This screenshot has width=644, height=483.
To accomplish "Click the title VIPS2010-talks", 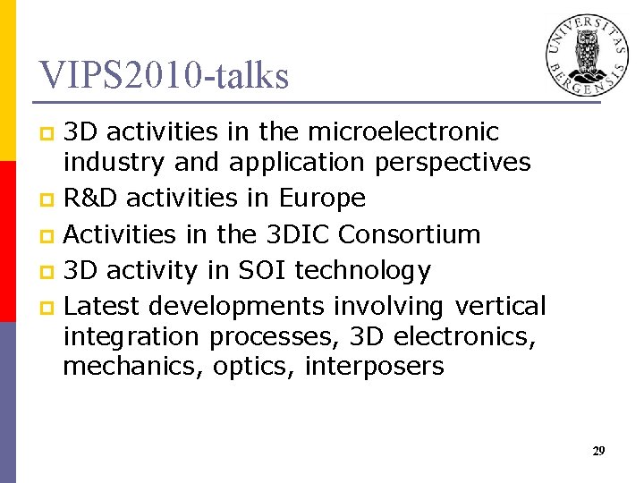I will click(165, 76).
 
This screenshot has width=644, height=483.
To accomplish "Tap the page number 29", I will click(598, 452).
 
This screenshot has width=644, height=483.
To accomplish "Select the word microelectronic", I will click(402, 132).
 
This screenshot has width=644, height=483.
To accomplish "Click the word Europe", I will click(323, 198).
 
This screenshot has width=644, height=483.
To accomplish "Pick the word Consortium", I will click(410, 234).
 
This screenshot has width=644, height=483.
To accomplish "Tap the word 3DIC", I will click(299, 234).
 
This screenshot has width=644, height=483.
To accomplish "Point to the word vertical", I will click(500, 307).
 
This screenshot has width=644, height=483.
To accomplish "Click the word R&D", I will click(92, 198).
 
